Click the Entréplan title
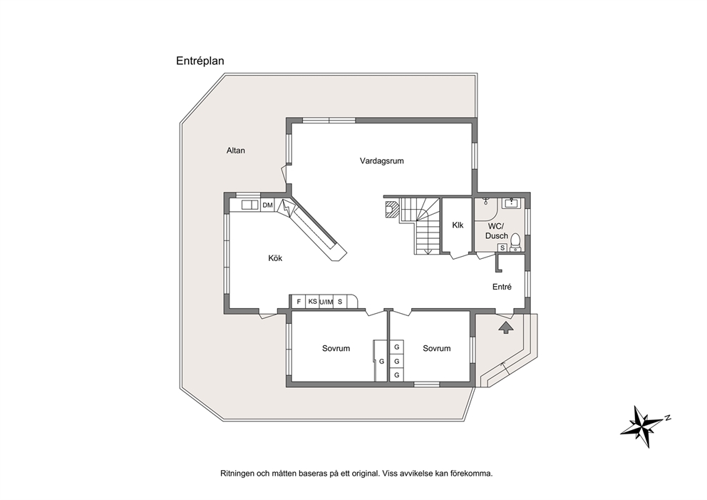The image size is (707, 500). click(200, 61)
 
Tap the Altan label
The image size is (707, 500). click(235, 150)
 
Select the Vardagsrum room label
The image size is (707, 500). click(381, 160)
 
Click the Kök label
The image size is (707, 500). click(275, 258)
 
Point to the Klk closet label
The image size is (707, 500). click(458, 225)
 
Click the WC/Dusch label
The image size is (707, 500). click(497, 230)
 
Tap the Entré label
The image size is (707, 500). click(502, 287)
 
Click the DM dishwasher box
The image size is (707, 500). click(268, 205)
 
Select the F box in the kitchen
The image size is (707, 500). click(298, 302)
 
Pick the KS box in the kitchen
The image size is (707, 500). click(312, 302)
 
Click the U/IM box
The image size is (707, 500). click(326, 302)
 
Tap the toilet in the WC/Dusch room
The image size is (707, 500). click(515, 243)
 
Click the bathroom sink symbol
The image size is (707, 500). click(511, 203)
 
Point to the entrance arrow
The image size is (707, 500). click(505, 327)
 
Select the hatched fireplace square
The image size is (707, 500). click(391, 210)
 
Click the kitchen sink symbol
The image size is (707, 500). click(249, 205)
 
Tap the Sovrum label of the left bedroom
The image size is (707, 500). click(336, 348)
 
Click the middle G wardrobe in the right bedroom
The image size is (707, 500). click(397, 362)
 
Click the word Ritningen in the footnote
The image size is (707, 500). click(237, 474)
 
